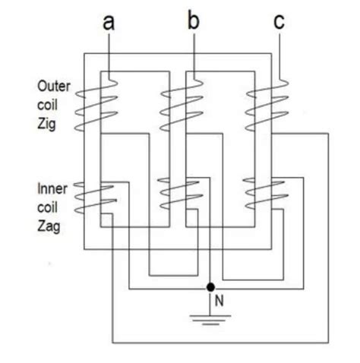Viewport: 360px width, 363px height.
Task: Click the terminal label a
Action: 109,22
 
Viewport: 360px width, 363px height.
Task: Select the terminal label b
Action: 194,21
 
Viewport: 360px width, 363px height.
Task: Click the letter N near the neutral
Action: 219,301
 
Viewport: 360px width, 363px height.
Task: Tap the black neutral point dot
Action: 210,288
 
